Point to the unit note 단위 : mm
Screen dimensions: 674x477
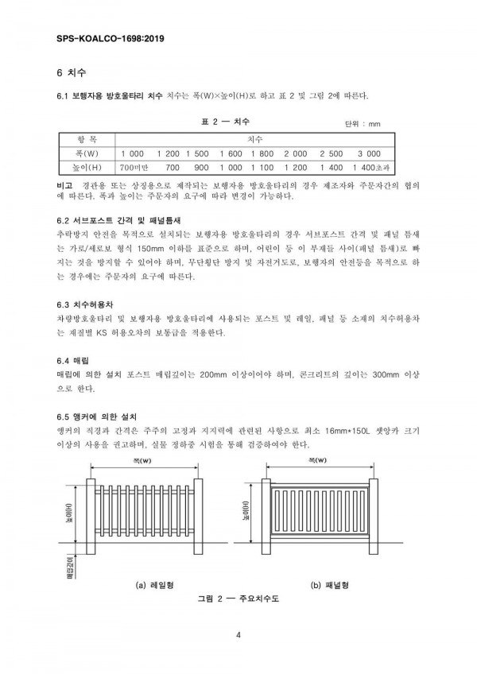[x=363, y=124]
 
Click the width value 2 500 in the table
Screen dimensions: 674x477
[x=331, y=153]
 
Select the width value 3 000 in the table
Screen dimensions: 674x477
[x=369, y=153]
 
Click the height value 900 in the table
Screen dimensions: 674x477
[x=200, y=168]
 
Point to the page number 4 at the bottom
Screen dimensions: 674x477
[x=238, y=633]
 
